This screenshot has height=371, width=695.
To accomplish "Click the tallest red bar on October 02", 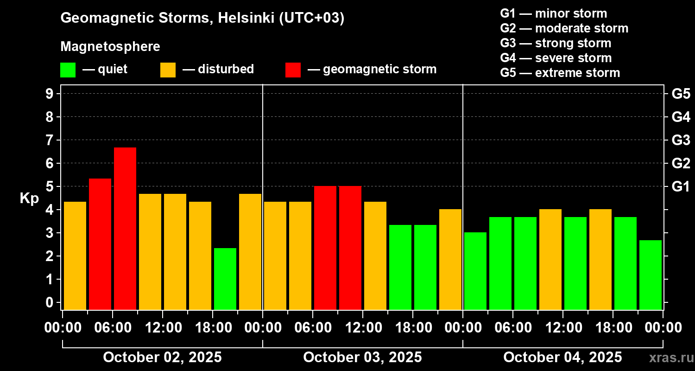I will (125, 228).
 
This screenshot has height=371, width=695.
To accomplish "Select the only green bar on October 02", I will (225, 279).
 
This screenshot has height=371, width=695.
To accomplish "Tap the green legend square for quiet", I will (68, 70).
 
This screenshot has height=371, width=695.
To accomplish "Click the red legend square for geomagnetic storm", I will (293, 70).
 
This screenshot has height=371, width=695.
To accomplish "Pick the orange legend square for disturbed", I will (168, 70).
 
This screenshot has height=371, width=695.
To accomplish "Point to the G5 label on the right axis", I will (681, 94).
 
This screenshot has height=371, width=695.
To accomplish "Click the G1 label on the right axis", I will (681, 186).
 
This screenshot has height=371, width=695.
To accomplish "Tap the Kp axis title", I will (29, 198).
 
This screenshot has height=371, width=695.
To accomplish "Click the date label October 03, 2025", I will (362, 357).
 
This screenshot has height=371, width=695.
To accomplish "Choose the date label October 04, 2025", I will (562, 357).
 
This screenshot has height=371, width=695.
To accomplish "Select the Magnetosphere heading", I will (110, 47).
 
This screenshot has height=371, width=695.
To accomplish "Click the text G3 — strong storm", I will (556, 43).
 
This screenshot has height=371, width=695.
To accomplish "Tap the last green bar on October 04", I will (651, 275).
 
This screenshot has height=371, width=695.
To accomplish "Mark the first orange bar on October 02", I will (75, 256).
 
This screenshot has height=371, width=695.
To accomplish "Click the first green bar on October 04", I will (475, 271).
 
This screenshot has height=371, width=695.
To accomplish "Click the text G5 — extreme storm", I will (560, 73).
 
